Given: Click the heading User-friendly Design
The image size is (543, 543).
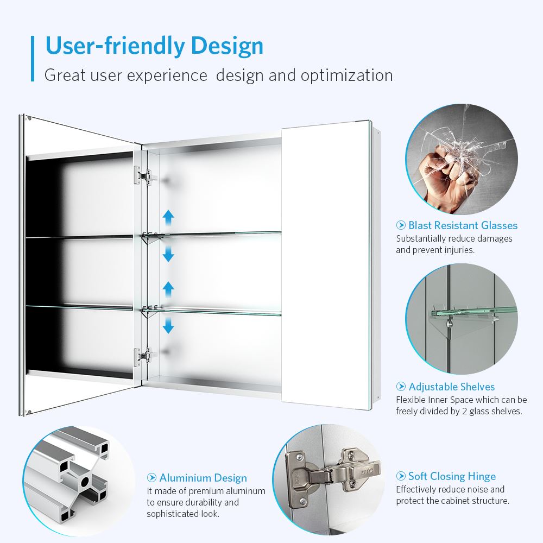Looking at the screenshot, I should click(x=154, y=46).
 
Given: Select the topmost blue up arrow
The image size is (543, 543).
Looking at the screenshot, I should click(x=168, y=218).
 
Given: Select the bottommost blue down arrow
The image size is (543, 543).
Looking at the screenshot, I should click(x=168, y=326).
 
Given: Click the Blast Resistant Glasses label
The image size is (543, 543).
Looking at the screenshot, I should click(x=463, y=225).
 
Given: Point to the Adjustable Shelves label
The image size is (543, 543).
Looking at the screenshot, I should click(x=451, y=387).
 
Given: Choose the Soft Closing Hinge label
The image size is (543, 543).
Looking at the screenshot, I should click(x=452, y=476).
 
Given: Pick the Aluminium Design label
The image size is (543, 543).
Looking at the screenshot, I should click(x=203, y=478).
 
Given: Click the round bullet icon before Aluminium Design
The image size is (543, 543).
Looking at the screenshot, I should click(x=152, y=478).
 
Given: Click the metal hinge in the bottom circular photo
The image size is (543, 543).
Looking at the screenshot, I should click(x=326, y=472).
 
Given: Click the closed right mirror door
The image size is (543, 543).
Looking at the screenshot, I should click(x=326, y=266).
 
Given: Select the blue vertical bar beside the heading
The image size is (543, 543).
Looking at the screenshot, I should click(x=33, y=59).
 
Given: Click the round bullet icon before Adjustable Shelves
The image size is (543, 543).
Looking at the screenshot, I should click(x=401, y=387).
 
